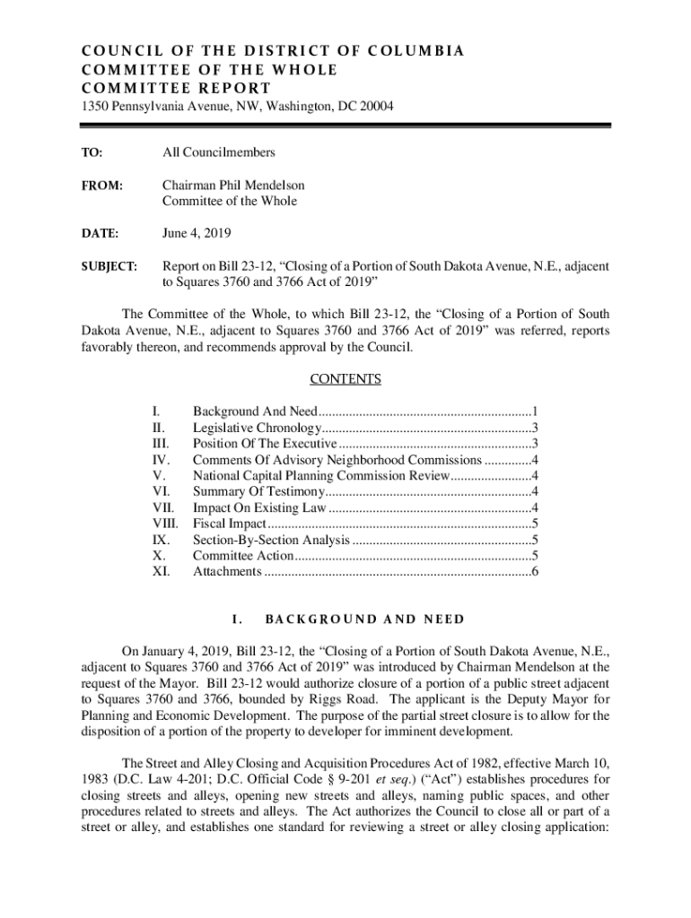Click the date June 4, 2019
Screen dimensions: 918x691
point(197,233)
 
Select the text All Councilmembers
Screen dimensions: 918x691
point(218,153)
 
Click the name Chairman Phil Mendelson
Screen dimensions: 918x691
point(232,186)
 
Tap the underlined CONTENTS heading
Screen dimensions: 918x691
point(345,379)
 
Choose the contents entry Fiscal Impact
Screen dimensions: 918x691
point(230,524)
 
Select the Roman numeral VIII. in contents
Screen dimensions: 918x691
point(166,524)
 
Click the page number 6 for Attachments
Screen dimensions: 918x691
point(535,572)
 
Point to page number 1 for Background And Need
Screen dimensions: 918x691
point(535,411)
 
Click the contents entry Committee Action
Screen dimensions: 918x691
point(243,556)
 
